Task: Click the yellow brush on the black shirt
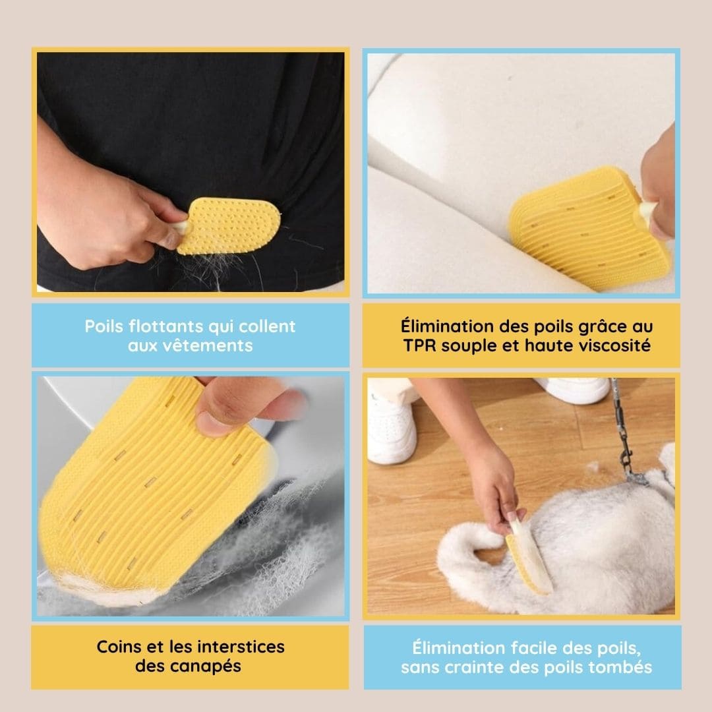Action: click(x=227, y=225)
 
